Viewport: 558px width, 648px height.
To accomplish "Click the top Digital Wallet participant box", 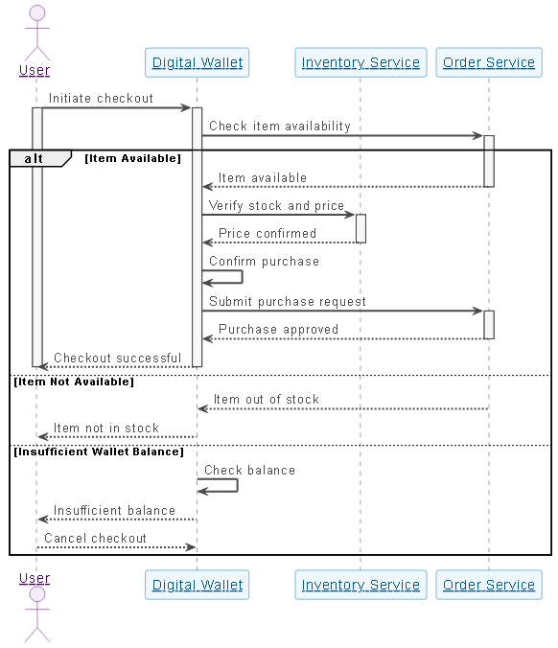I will tap(197, 63).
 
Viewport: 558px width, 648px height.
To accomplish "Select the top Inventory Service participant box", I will tap(360, 63).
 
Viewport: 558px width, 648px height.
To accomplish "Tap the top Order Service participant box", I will tap(488, 63).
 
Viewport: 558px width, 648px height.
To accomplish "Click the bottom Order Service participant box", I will tap(488, 585).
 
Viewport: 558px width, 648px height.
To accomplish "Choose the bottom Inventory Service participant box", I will tap(360, 585).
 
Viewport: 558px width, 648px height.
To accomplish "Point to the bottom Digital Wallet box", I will tap(197, 585).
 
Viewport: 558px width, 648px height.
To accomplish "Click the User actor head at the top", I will tap(36, 13).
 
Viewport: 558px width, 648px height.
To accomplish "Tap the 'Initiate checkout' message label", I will tap(101, 98).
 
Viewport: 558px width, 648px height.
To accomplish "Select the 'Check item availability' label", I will tap(279, 126).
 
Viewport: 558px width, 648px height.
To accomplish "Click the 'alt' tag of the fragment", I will tap(35, 158).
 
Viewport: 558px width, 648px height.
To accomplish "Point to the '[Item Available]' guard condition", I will tap(132, 158).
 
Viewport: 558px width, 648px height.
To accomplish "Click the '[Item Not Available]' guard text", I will tap(74, 382).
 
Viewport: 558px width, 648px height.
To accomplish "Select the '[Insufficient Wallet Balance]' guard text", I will tap(97, 451).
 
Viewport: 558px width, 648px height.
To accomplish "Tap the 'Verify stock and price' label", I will tap(276, 205).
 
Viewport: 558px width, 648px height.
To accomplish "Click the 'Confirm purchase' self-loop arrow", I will tap(230, 277).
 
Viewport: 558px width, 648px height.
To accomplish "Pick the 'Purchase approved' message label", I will tap(278, 329).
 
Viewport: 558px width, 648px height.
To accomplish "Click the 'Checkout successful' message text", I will tap(117, 358).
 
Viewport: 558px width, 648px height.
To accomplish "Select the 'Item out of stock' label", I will tap(266, 399).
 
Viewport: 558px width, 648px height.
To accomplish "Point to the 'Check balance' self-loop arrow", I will tap(226, 486).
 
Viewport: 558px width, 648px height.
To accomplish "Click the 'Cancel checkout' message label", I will tap(95, 538).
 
